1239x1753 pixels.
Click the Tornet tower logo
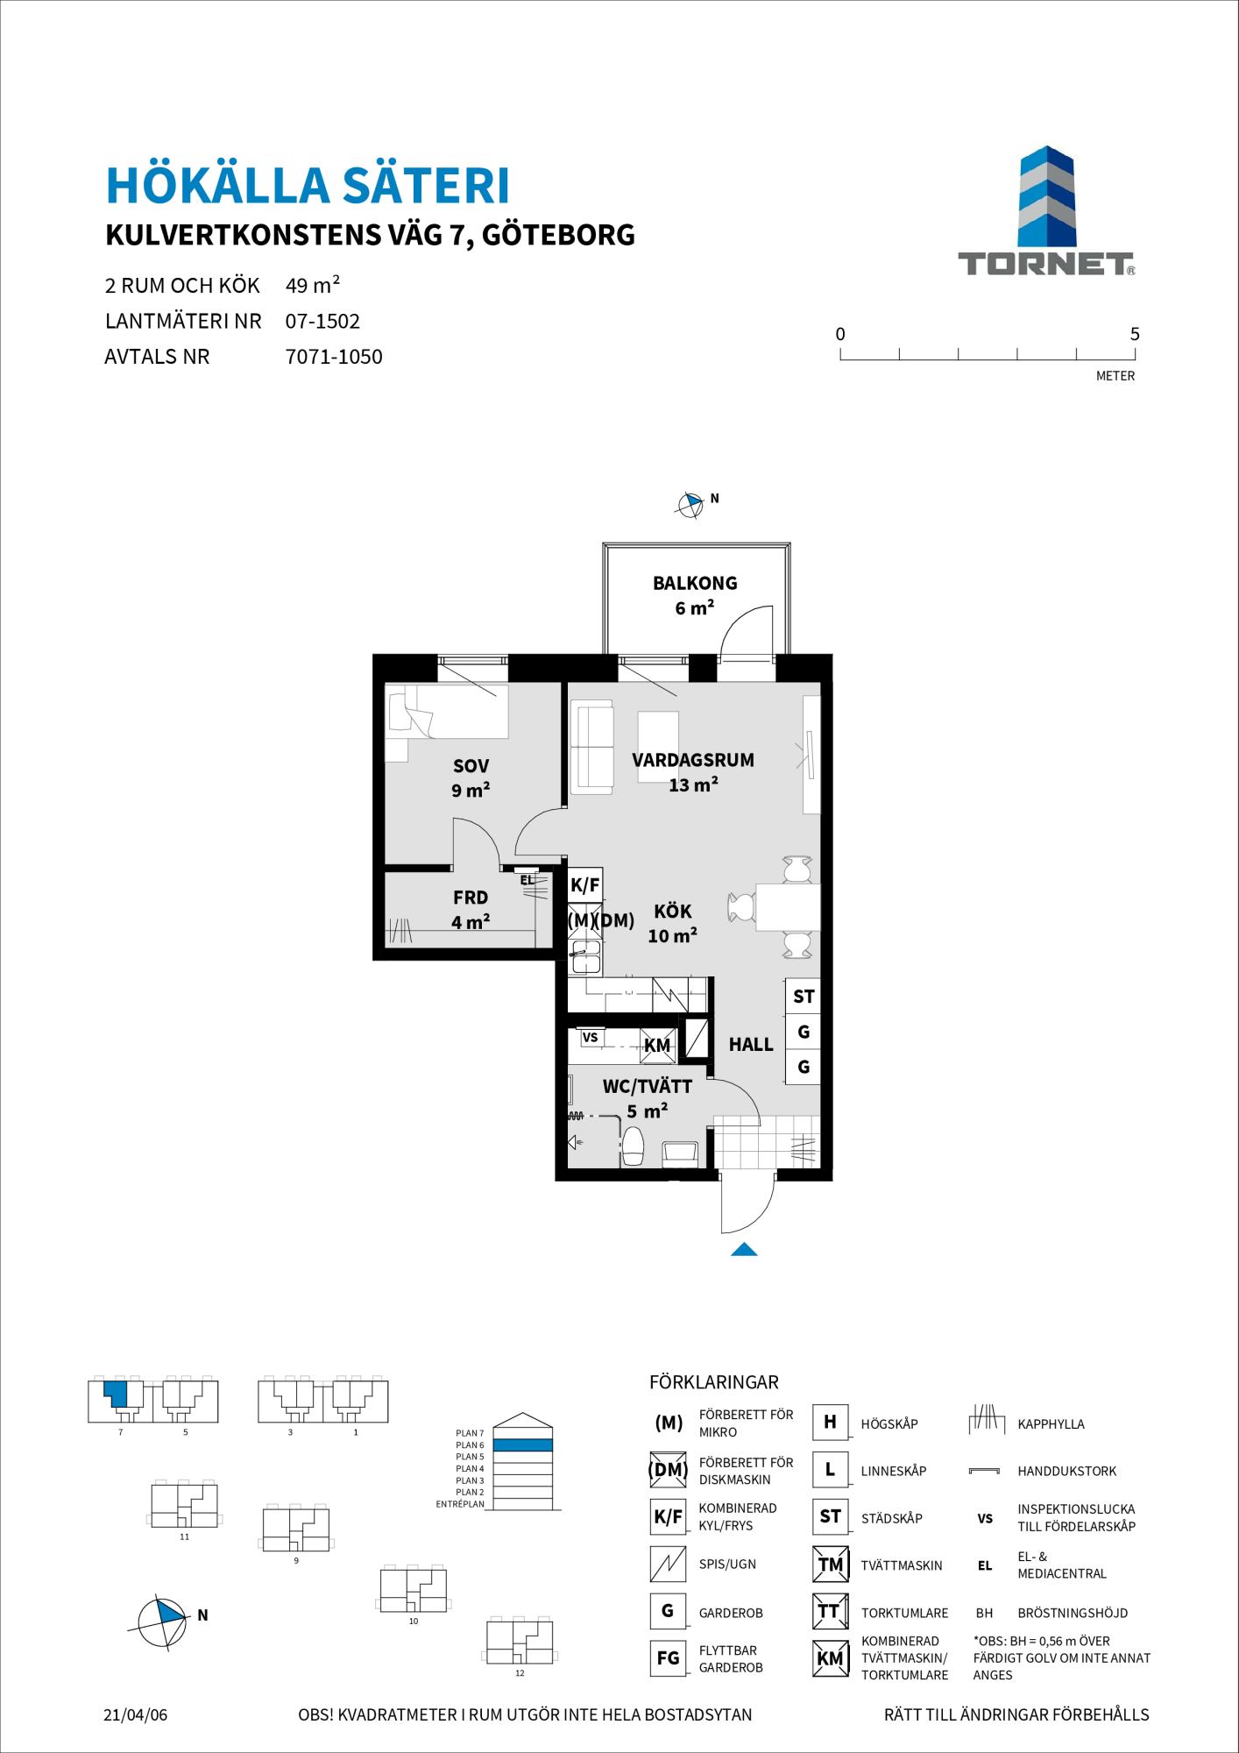[x=1046, y=198]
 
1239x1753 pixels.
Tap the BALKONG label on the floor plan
[x=695, y=583]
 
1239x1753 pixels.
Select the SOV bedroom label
[x=471, y=766]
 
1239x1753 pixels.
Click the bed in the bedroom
[x=448, y=712]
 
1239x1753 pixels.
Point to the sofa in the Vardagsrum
[x=592, y=747]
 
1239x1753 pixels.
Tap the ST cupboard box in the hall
[x=803, y=997]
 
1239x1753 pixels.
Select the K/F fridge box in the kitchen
[x=584, y=885]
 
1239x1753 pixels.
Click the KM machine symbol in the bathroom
[x=657, y=1046]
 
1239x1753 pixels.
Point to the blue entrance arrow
[x=744, y=1249]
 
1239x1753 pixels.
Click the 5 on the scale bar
[x=1135, y=334]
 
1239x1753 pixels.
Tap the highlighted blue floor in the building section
[x=522, y=1445]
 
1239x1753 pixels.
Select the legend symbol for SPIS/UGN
[x=668, y=1564]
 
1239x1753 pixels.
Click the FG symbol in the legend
[x=668, y=1659]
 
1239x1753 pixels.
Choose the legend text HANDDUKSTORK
[x=1067, y=1472]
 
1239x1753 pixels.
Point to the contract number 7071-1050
[x=334, y=357]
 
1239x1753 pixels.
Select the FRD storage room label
[x=471, y=898]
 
